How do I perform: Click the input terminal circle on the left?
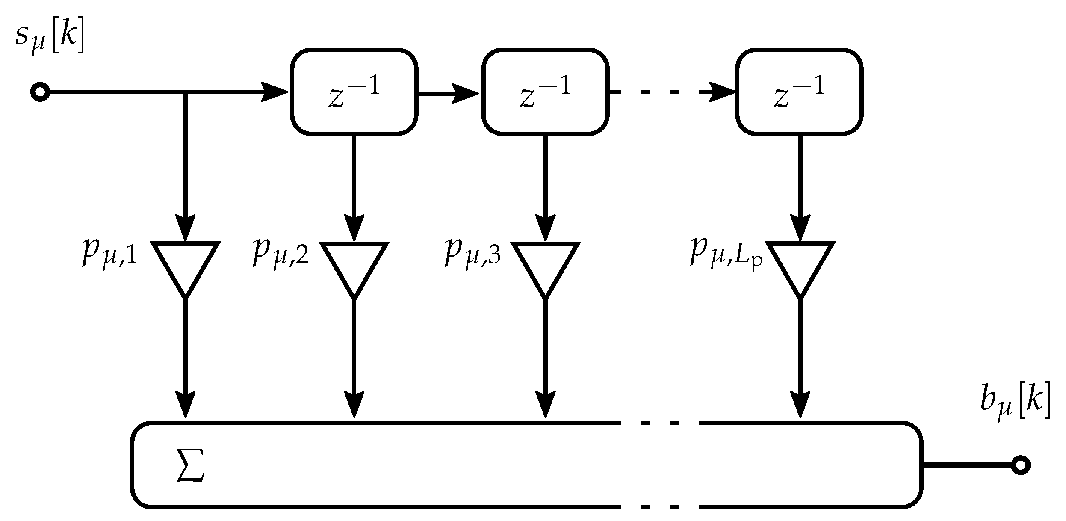(x=40, y=92)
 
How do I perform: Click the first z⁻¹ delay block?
(x=354, y=92)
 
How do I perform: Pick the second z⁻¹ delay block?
(x=545, y=92)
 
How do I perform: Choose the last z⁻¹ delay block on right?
(x=799, y=92)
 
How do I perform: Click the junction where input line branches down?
(x=185, y=92)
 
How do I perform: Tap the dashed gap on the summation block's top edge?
(x=660, y=423)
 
